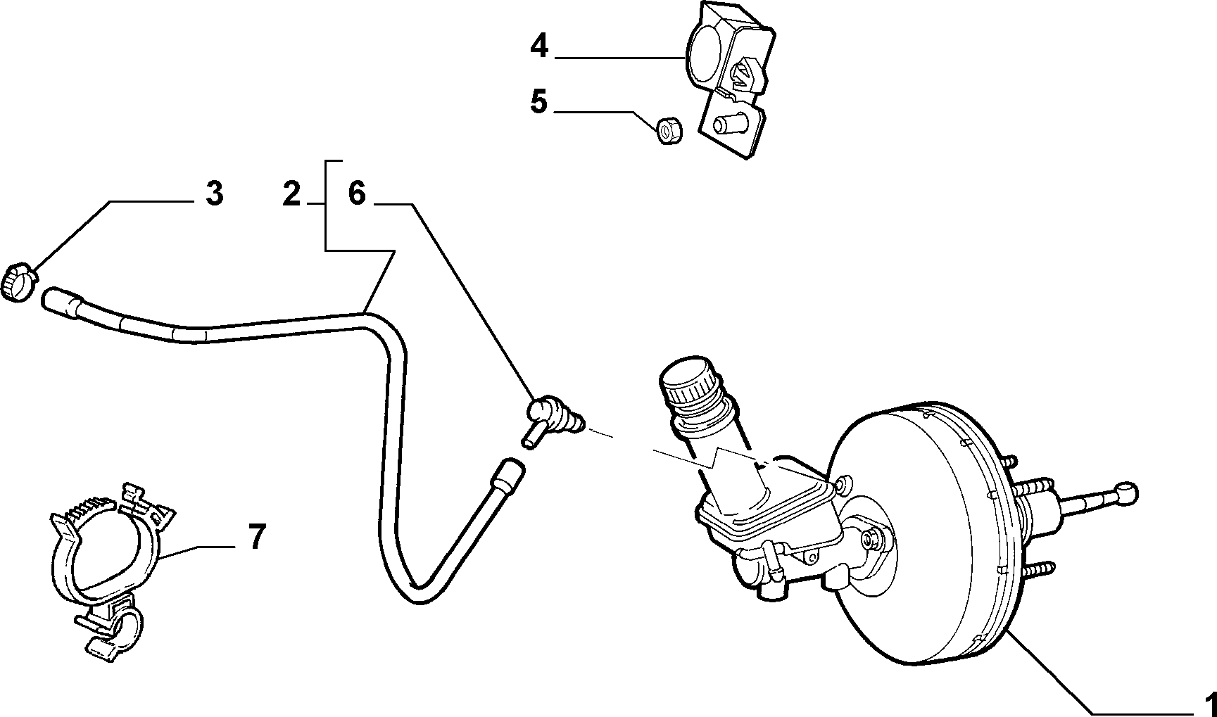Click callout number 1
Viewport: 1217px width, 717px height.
1209,703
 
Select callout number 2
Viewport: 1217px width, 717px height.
291,193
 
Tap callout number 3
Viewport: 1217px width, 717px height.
215,193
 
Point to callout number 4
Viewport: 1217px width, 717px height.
538,46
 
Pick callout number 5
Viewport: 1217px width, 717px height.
538,102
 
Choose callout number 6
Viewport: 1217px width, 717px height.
357,193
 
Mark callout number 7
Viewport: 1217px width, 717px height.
257,538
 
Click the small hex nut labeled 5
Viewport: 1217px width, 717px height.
666,130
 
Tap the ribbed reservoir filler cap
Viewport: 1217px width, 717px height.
688,384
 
